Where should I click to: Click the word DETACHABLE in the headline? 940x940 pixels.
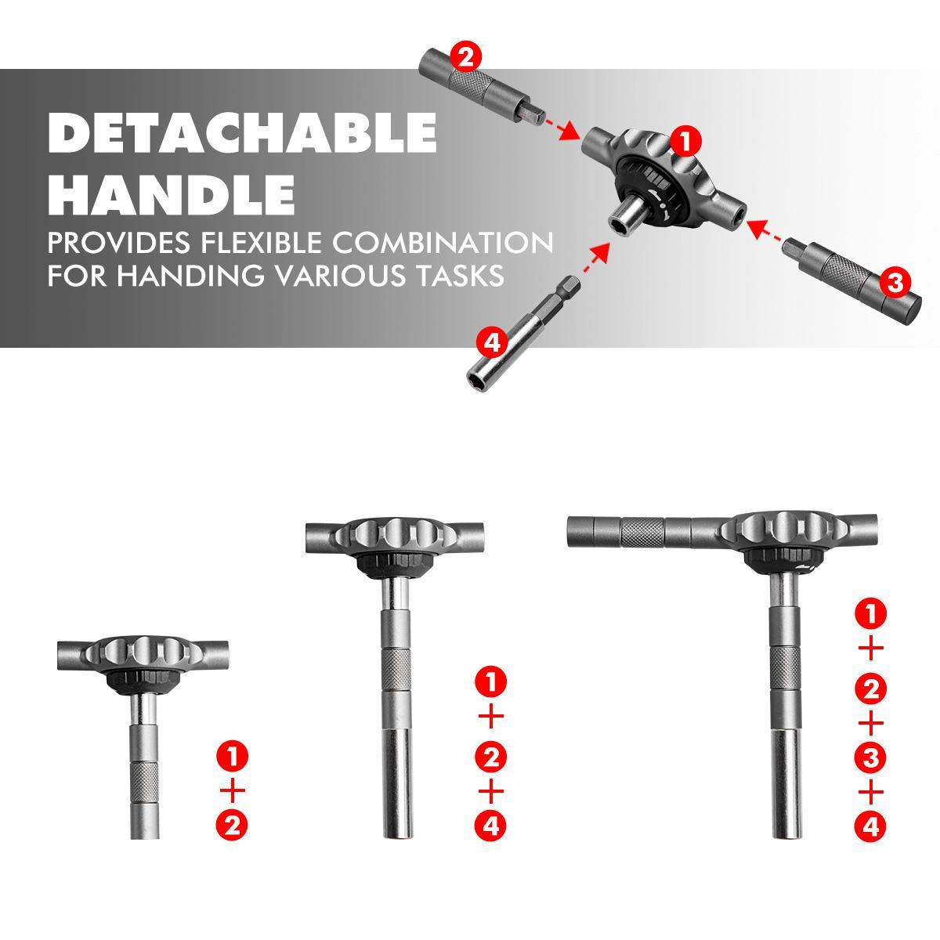tap(241, 133)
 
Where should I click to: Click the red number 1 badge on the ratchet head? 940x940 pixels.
tap(685, 143)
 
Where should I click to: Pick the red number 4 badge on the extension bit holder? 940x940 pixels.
tap(490, 342)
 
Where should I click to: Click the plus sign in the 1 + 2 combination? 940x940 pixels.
tap(233, 790)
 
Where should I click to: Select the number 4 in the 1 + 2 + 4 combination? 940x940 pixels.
tap(491, 826)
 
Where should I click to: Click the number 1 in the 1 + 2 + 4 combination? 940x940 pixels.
tap(491, 682)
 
